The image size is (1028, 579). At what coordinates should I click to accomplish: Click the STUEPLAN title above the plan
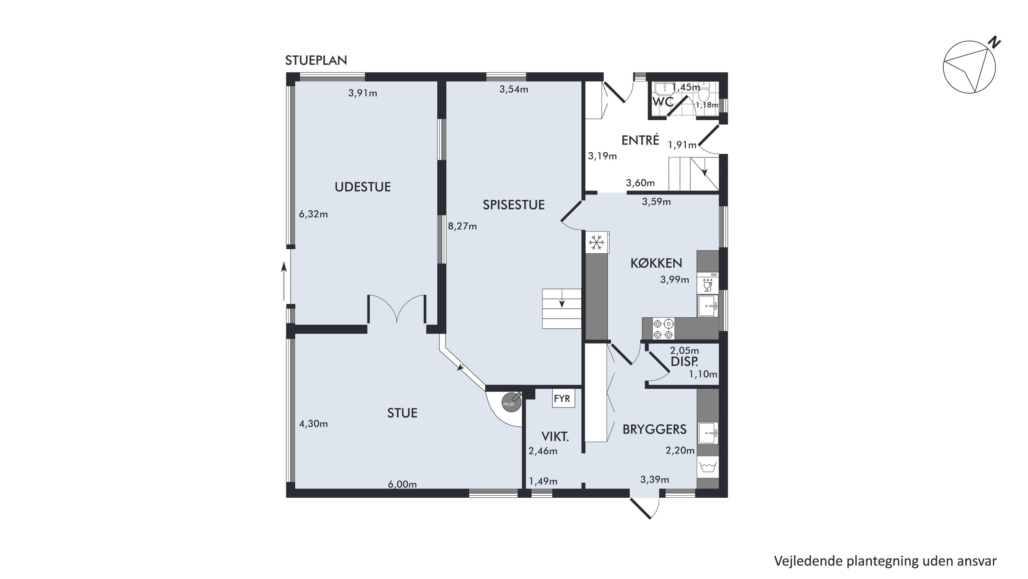(x=316, y=60)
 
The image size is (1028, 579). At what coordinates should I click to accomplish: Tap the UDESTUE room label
(x=362, y=187)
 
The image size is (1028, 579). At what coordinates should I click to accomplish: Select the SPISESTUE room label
(x=513, y=205)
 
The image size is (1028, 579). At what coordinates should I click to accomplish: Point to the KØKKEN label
(x=656, y=263)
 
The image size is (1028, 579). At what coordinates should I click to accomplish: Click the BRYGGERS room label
(x=654, y=429)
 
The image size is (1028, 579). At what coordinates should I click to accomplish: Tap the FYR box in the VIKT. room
(x=564, y=399)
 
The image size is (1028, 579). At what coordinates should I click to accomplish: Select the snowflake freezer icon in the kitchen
(x=596, y=243)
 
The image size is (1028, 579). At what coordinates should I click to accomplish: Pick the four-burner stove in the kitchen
(x=663, y=329)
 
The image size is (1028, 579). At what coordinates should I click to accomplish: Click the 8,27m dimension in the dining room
(x=462, y=226)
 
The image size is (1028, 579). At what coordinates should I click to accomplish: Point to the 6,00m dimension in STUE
(x=402, y=484)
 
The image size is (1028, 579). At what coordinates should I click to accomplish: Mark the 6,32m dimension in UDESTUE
(x=313, y=214)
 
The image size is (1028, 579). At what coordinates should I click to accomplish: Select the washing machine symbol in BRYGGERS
(x=708, y=467)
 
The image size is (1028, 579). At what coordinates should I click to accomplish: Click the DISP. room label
(x=685, y=362)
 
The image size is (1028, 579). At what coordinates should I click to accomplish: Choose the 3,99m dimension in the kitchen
(x=675, y=280)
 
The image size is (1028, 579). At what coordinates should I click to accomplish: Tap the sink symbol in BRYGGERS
(x=708, y=433)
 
